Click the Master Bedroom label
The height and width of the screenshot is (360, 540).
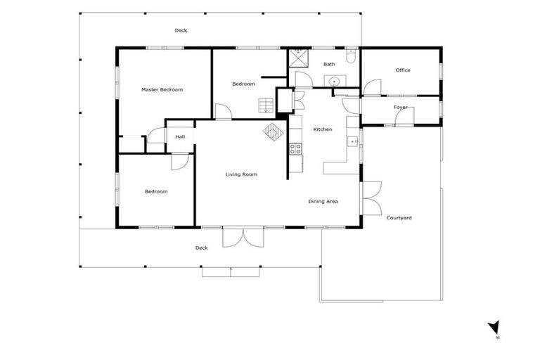point(162,90)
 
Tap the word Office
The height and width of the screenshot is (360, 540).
point(403,70)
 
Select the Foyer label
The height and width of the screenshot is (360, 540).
point(401,107)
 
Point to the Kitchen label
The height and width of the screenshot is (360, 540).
point(323,129)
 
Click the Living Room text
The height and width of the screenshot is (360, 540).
point(240,174)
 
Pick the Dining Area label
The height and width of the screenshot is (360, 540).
point(323,202)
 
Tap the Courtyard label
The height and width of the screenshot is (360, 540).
point(399,218)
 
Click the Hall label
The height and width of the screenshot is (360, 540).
point(180,136)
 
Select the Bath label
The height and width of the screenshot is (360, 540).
point(329,65)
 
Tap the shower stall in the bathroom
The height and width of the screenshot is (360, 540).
point(299,56)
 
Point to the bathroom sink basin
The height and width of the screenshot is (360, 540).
point(335,82)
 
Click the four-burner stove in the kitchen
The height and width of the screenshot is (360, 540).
point(295,148)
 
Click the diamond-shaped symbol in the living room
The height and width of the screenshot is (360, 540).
point(272,131)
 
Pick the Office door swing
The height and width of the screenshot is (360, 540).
point(372,87)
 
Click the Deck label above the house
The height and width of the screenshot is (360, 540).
point(181,30)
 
